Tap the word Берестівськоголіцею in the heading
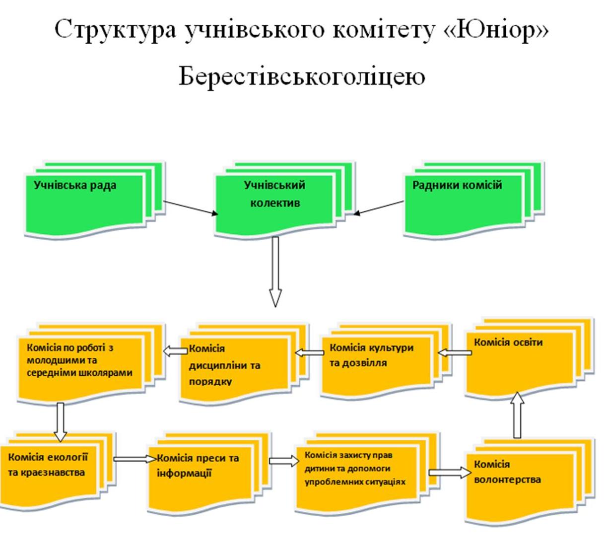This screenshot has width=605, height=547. point(302,77)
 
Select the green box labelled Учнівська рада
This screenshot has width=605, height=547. point(84,204)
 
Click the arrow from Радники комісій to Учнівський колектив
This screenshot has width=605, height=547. point(379,208)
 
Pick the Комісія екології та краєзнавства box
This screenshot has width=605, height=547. point(52,469)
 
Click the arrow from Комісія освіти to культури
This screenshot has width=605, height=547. point(455,353)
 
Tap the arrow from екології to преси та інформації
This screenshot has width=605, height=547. point(134,459)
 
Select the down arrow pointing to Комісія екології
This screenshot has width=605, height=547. point(60,422)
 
